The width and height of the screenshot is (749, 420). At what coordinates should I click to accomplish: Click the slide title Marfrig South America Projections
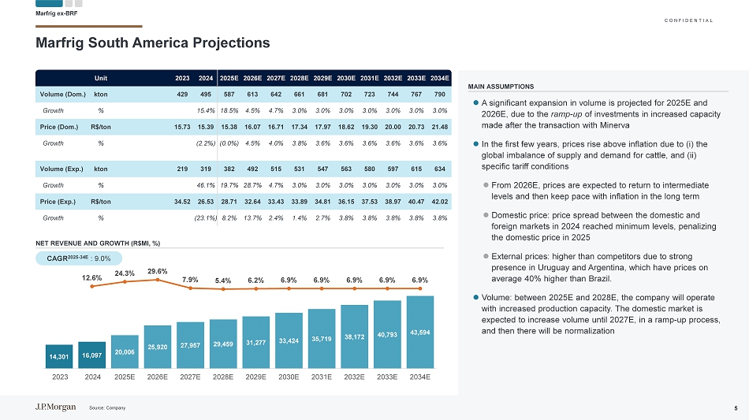point(153,43)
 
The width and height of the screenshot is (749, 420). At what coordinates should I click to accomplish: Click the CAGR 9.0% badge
point(79,257)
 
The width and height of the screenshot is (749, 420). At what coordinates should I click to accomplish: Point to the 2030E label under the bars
point(289,377)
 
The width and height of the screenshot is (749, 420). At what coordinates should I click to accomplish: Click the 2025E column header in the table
point(229,78)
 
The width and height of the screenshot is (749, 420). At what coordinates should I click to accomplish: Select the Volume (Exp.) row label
point(62,169)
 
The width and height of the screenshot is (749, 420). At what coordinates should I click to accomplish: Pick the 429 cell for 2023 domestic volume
point(182,94)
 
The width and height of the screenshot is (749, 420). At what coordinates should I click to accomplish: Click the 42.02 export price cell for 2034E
point(440,203)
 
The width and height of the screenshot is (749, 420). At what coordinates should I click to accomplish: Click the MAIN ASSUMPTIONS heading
point(501,87)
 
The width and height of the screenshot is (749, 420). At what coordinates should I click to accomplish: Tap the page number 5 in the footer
point(735,407)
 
